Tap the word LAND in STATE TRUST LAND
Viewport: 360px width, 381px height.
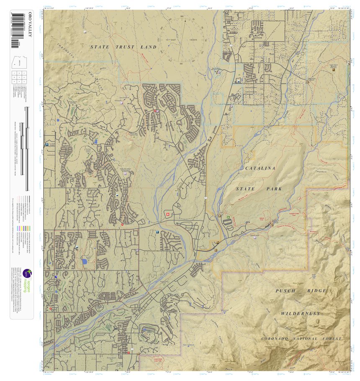(x=149, y=47)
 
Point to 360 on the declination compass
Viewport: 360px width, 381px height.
(x=182, y=17)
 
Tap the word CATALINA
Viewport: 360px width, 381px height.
(x=260, y=168)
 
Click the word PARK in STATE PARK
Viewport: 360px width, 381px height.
(x=274, y=189)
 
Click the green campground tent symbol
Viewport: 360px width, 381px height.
(x=228, y=217)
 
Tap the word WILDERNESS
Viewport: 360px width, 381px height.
(x=301, y=313)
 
